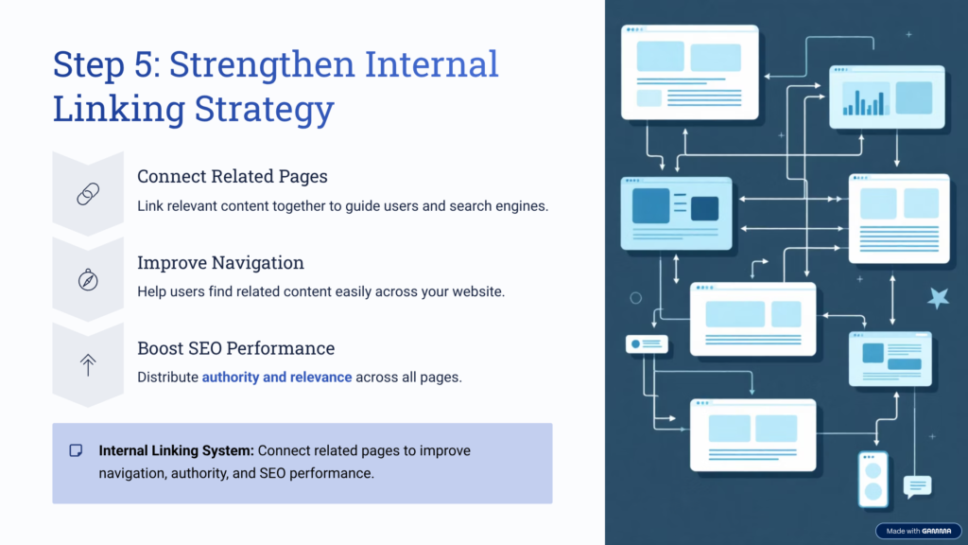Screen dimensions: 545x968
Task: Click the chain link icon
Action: pos(88,194)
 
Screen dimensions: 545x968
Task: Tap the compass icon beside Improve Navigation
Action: pos(88,280)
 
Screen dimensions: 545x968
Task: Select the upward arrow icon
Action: pos(88,366)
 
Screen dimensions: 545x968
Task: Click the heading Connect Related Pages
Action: pos(232,177)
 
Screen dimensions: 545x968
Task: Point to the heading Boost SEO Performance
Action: pos(235,348)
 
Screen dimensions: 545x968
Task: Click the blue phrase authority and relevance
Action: pos(277,378)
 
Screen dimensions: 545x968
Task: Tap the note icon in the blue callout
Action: pos(77,450)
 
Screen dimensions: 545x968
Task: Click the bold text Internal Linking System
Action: pos(176,450)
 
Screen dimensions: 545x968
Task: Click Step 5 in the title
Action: pos(103,64)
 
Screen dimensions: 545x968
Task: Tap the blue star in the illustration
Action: pos(938,298)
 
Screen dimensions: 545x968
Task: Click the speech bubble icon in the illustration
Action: pos(917,486)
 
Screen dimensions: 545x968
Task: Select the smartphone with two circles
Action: pos(873,481)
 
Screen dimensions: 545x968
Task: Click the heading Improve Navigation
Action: pos(220,263)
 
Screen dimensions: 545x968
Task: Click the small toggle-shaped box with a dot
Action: pos(647,344)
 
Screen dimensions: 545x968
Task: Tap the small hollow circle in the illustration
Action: pos(635,298)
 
